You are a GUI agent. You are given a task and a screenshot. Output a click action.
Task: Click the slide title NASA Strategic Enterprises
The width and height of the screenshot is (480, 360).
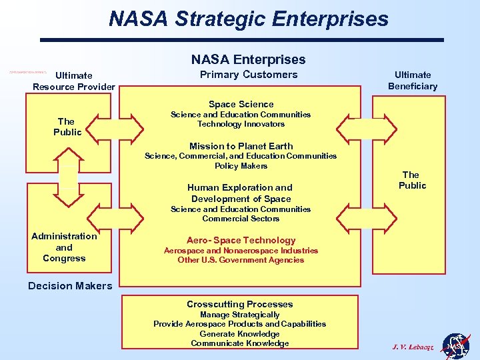pos(249,19)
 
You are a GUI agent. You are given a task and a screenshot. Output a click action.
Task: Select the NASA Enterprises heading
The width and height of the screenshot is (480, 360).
pos(248,59)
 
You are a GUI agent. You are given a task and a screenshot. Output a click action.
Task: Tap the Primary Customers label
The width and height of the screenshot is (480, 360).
pos(249,75)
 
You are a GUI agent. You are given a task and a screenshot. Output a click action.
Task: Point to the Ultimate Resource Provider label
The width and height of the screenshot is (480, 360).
pos(74,81)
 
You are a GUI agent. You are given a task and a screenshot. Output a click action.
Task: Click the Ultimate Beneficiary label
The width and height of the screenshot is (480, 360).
pos(413,80)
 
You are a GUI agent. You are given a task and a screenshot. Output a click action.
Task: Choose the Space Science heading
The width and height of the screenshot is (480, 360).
pos(241,104)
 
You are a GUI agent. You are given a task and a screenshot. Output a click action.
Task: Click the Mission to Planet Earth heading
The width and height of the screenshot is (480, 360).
pos(241,146)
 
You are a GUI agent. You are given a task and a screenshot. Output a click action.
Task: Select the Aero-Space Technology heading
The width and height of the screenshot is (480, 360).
pos(241,240)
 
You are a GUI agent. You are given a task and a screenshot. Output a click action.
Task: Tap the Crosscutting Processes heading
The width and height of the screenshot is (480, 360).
pos(240,304)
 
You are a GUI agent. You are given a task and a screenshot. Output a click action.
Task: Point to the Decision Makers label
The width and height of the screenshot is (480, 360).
pos(70,285)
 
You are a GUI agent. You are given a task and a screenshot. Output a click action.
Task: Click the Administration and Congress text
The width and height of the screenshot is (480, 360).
pos(64,247)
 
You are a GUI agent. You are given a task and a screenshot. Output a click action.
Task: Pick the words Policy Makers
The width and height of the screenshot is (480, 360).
pos(241,166)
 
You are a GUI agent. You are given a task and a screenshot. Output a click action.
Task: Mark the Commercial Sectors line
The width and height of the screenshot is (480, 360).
pos(241,219)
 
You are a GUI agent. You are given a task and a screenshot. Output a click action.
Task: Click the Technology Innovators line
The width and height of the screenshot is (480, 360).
pos(241,124)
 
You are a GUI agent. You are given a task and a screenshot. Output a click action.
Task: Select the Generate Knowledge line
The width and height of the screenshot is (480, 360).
pos(240,334)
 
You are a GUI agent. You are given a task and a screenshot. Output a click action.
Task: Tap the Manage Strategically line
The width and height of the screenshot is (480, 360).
pos(240,315)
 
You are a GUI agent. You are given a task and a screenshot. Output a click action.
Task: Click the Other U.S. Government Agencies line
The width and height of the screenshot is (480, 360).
pos(241,260)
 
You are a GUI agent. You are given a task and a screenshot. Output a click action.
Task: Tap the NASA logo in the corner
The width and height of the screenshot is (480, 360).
pos(456,347)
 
